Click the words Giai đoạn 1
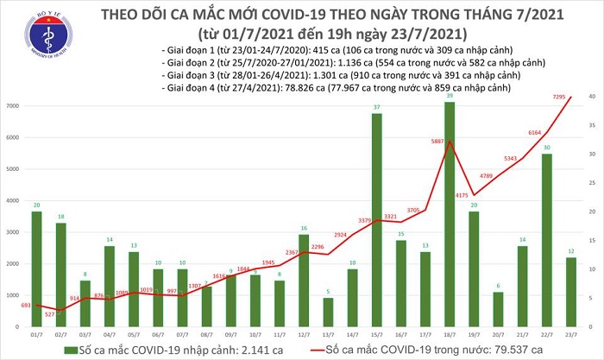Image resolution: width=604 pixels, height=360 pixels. pyautogui.click(x=192, y=50)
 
